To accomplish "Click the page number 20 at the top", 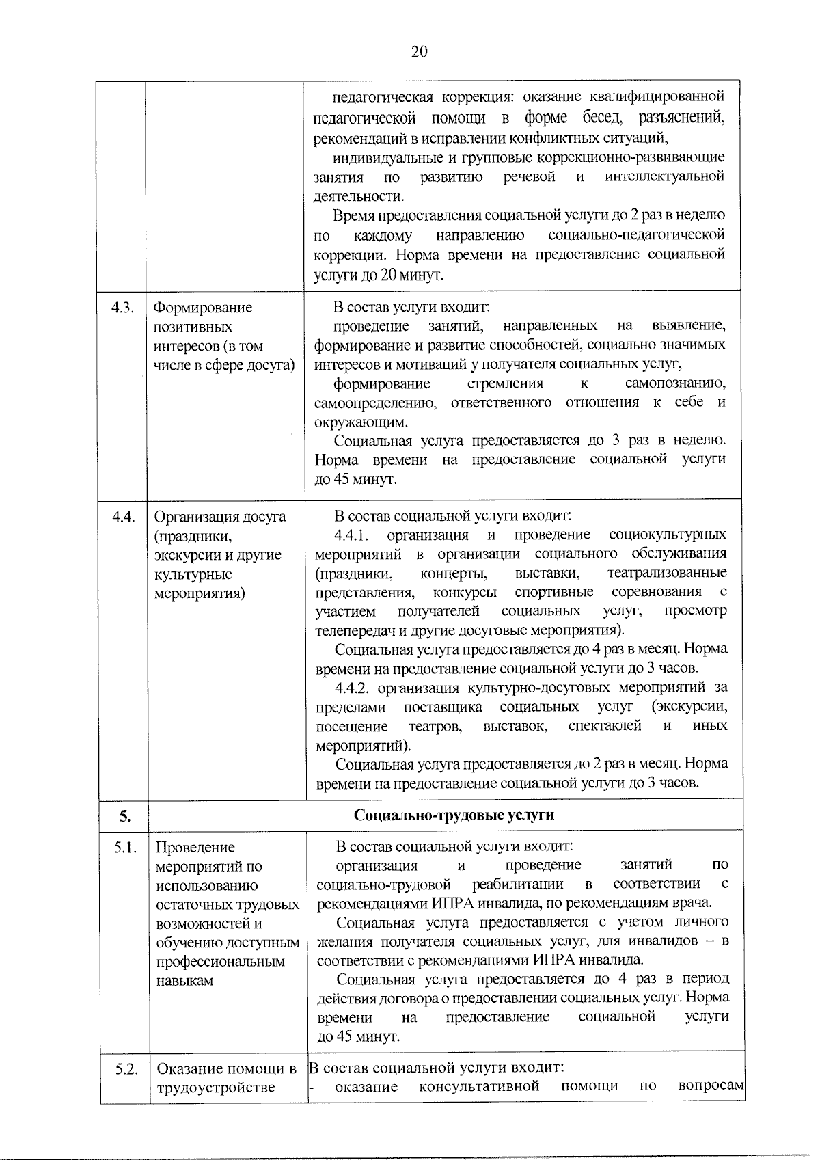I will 419,52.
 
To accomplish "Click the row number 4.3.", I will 122,308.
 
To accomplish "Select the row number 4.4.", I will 123,517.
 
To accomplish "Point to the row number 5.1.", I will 126,848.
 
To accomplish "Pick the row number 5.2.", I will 126,1069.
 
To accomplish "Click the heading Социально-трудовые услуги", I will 454,815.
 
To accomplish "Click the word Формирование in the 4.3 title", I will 202,308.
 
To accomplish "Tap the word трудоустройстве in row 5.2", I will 216,1088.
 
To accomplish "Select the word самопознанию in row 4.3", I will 675,383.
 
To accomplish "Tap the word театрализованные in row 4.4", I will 667,573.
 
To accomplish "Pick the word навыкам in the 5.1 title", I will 184,981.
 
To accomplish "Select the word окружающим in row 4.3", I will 359,422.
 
